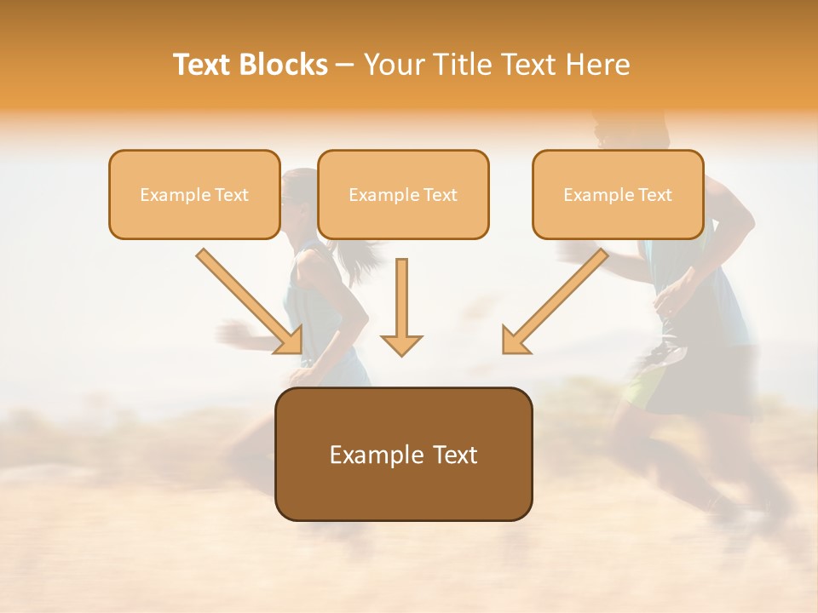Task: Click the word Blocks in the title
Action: pyautogui.click(x=284, y=65)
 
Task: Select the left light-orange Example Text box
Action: pyautogui.click(x=194, y=194)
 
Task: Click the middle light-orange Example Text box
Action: pyautogui.click(x=403, y=194)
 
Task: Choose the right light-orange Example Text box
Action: pyautogui.click(x=618, y=194)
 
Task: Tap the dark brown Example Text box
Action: pyautogui.click(x=404, y=454)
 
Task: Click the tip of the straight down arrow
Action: pyautogui.click(x=401, y=352)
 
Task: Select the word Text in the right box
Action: pyautogui.click(x=654, y=195)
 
